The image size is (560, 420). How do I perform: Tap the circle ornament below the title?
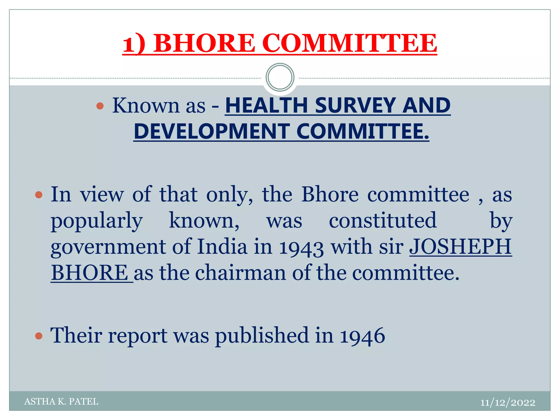[x=280, y=77]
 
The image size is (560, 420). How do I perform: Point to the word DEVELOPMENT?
[x=212, y=132]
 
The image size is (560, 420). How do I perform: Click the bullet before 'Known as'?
[x=100, y=106]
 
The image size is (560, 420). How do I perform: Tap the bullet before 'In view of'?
[x=39, y=195]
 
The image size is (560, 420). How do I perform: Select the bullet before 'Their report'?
[x=39, y=336]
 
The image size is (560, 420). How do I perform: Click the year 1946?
[x=362, y=336]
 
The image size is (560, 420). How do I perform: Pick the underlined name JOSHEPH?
[x=460, y=247]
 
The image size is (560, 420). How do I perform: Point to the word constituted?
[x=383, y=220]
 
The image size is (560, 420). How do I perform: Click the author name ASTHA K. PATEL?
[x=61, y=401]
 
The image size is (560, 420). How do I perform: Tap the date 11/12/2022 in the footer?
[x=507, y=402]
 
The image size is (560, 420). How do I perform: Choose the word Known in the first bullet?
[x=145, y=106]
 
